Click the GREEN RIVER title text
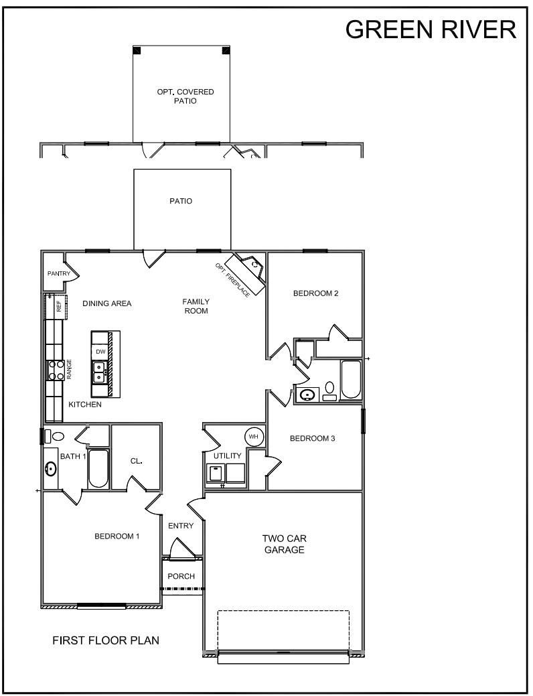[431, 29]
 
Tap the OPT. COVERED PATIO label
[181, 96]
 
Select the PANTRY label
[58, 274]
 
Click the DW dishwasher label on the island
[100, 352]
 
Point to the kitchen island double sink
[99, 372]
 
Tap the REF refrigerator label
[59, 306]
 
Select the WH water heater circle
[254, 437]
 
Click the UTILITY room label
[227, 456]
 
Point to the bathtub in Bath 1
[98, 469]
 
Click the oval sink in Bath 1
[50, 469]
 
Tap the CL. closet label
[136, 462]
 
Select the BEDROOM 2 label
[316, 293]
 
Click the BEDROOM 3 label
[312, 439]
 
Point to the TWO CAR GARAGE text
[284, 544]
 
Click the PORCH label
[181, 577]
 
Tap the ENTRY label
[180, 526]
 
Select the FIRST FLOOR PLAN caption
[106, 640]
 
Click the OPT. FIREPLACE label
[232, 280]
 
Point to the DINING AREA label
[107, 303]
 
